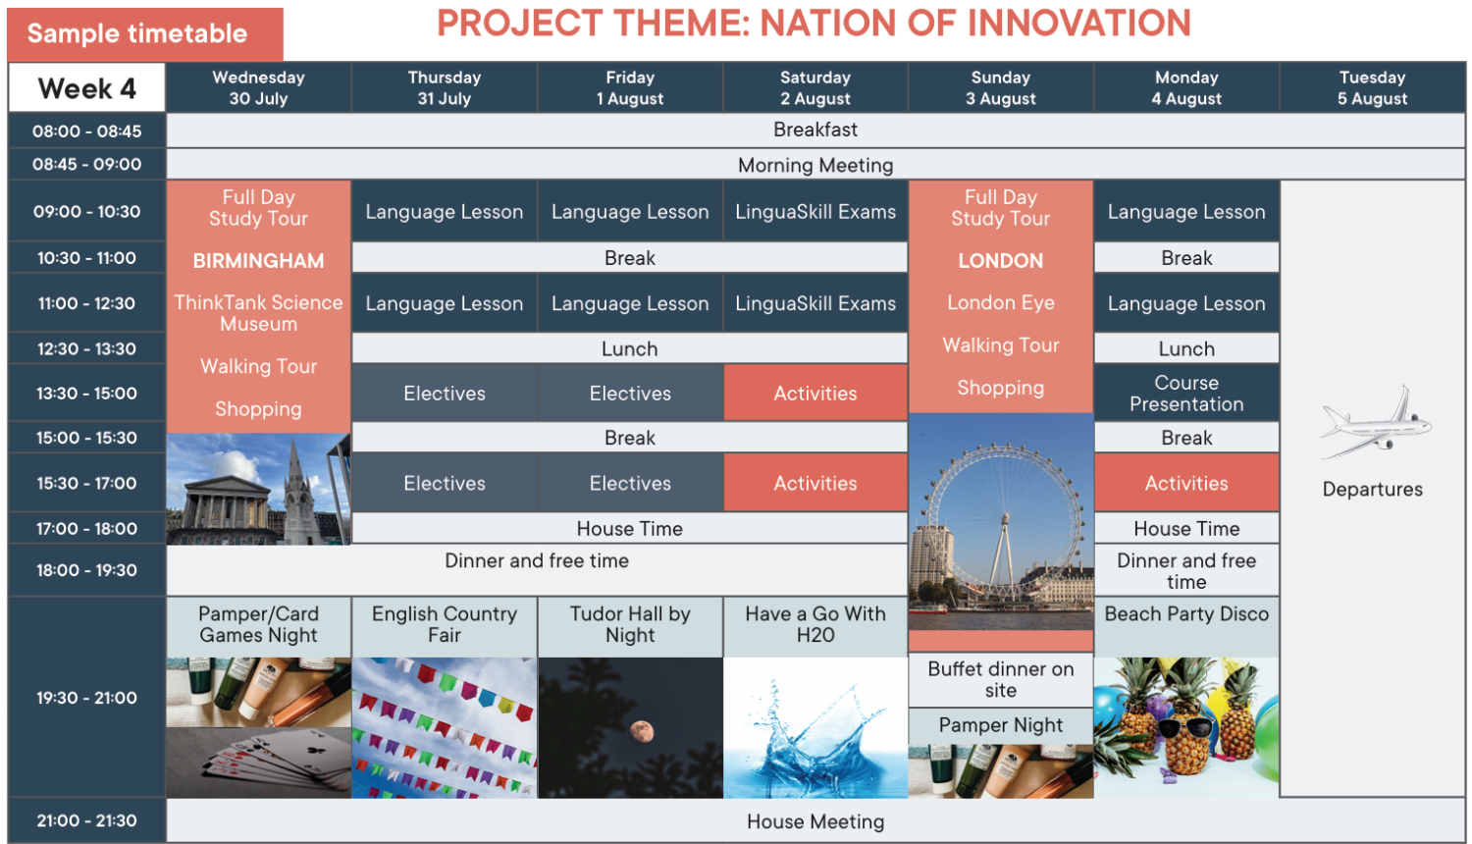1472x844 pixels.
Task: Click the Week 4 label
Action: pyautogui.click(x=86, y=88)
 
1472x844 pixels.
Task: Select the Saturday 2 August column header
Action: pyautogui.click(x=815, y=87)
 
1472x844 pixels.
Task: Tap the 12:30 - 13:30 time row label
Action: pyautogui.click(x=86, y=348)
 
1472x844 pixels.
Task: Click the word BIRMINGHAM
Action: pyautogui.click(x=258, y=261)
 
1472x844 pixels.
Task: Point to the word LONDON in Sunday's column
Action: pyautogui.click(x=1000, y=261)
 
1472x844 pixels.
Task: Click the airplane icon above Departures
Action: pyautogui.click(x=1376, y=423)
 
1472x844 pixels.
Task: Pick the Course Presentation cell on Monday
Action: pyautogui.click(x=1186, y=394)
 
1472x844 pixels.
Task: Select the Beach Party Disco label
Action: pyautogui.click(x=1186, y=614)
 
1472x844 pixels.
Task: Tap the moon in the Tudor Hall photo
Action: pyautogui.click(x=642, y=731)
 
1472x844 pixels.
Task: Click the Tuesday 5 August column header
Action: pyautogui.click(x=1372, y=87)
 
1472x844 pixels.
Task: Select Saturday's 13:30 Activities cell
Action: pyautogui.click(x=815, y=394)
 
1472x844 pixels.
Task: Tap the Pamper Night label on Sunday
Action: pyautogui.click(x=1000, y=725)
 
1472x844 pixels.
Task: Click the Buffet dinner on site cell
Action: pyautogui.click(x=1000, y=680)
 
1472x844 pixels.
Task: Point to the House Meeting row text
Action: pyautogui.click(x=815, y=821)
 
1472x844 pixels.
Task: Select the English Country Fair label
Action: pyautogui.click(x=445, y=624)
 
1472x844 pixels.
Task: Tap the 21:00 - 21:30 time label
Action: pyautogui.click(x=86, y=821)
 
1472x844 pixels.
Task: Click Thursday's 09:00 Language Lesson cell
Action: pyautogui.click(x=445, y=212)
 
